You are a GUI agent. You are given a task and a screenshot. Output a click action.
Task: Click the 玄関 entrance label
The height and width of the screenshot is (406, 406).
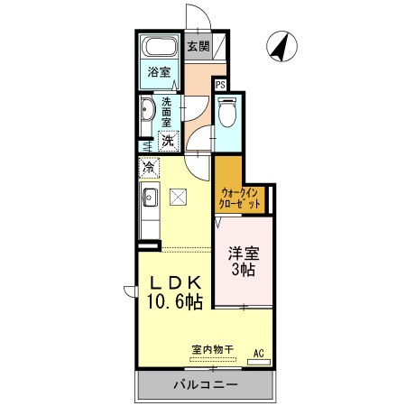[197, 46]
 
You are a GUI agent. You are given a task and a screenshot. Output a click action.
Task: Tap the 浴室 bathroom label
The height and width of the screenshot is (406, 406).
[159, 72]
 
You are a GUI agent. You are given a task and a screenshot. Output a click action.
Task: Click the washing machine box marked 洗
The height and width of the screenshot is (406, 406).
[168, 140]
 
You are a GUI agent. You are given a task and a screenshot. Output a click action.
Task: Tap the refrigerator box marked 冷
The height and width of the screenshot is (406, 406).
[149, 167]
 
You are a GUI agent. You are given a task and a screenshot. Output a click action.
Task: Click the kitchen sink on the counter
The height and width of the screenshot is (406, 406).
[150, 198]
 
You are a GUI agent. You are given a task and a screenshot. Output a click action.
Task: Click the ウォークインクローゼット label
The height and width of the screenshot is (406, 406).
[241, 198]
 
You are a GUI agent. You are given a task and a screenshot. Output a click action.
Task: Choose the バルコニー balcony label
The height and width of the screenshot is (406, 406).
[206, 385]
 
